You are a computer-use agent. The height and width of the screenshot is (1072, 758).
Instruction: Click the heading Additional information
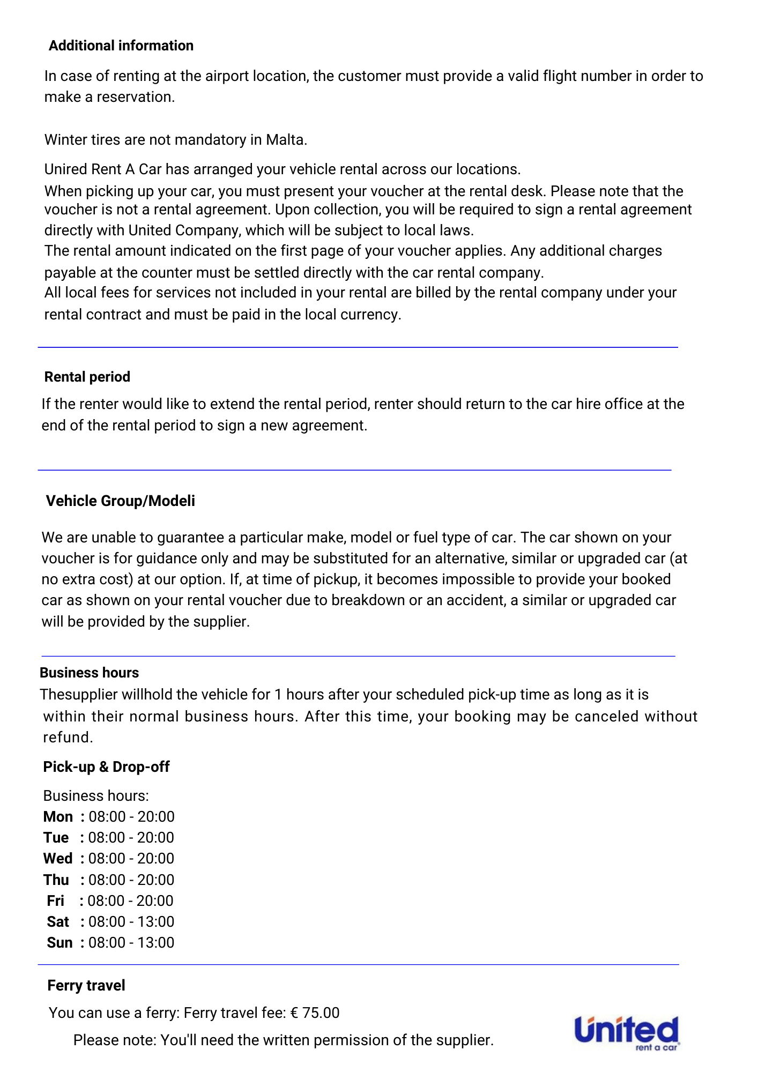point(121,46)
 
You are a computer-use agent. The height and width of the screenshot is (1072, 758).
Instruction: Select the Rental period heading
point(87,377)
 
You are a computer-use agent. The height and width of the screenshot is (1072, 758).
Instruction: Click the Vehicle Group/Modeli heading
point(120,501)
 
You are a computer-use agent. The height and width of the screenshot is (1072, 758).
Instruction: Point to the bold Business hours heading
point(89,673)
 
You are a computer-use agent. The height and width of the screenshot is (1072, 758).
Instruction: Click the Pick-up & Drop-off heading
point(106,766)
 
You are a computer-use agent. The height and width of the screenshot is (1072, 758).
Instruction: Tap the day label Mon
point(58,816)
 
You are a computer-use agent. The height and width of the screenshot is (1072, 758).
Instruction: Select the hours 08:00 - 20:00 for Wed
point(131,858)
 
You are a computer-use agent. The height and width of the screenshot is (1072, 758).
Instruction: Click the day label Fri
point(55,900)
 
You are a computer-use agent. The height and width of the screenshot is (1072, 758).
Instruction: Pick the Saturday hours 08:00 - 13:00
point(131,921)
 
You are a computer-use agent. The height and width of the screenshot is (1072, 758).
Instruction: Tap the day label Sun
point(60,942)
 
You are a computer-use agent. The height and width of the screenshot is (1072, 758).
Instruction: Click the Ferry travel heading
point(86,985)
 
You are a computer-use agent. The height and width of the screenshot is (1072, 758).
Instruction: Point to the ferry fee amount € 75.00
point(315,1013)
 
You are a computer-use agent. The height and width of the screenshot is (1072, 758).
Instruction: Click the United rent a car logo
point(626,1032)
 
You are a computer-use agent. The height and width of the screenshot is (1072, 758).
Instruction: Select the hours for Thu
point(131,880)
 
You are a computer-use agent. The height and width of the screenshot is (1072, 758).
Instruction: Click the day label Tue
point(56,837)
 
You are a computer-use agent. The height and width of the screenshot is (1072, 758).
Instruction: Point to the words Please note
point(114,1040)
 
